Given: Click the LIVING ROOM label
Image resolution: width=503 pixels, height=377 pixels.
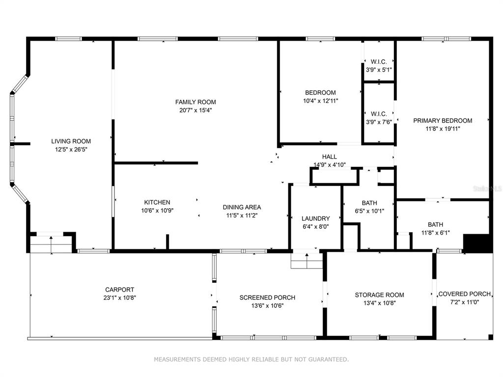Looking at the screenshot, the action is [71, 141].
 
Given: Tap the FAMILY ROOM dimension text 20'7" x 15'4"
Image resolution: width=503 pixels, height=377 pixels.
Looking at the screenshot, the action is [196, 110].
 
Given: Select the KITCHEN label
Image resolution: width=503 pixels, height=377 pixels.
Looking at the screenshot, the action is [157, 202].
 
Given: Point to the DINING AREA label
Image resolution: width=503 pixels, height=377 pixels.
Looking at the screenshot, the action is [242, 207].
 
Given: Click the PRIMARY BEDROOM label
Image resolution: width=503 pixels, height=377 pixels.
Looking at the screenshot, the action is [443, 121].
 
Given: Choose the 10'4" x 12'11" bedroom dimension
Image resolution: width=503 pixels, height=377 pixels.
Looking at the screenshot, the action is [320, 101].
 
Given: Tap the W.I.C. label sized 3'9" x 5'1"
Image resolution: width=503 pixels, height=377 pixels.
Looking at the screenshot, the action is [379, 61].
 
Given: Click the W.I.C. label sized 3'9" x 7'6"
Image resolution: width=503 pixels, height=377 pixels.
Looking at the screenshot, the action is [379, 114].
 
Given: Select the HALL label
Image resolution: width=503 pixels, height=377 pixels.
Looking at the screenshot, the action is [330, 157].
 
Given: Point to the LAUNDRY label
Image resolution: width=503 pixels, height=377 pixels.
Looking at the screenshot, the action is [316, 218].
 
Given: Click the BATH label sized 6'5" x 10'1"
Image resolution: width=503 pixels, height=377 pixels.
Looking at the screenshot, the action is [369, 203].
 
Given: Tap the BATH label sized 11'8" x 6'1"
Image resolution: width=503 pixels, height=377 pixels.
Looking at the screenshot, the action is [435, 224].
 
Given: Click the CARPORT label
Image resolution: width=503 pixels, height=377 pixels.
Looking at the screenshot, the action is [120, 290].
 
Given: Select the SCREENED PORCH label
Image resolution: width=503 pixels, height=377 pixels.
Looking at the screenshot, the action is [267, 297].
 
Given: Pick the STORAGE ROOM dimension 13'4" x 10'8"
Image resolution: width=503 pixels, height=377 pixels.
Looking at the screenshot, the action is [380, 303].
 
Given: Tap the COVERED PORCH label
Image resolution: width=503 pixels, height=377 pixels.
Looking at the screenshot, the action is [465, 294].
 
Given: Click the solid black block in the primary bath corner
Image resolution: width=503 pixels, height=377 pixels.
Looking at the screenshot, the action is [477, 242].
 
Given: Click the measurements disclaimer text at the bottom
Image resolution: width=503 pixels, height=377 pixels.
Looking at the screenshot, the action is [251, 359].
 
